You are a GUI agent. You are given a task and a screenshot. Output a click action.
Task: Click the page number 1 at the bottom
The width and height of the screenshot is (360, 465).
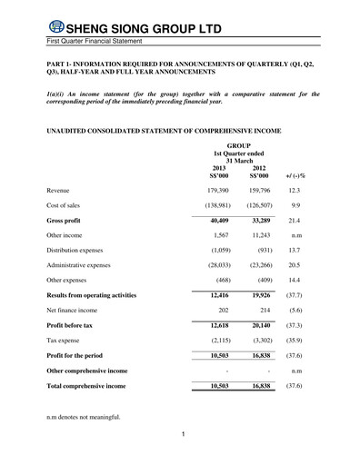pos(183,435)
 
